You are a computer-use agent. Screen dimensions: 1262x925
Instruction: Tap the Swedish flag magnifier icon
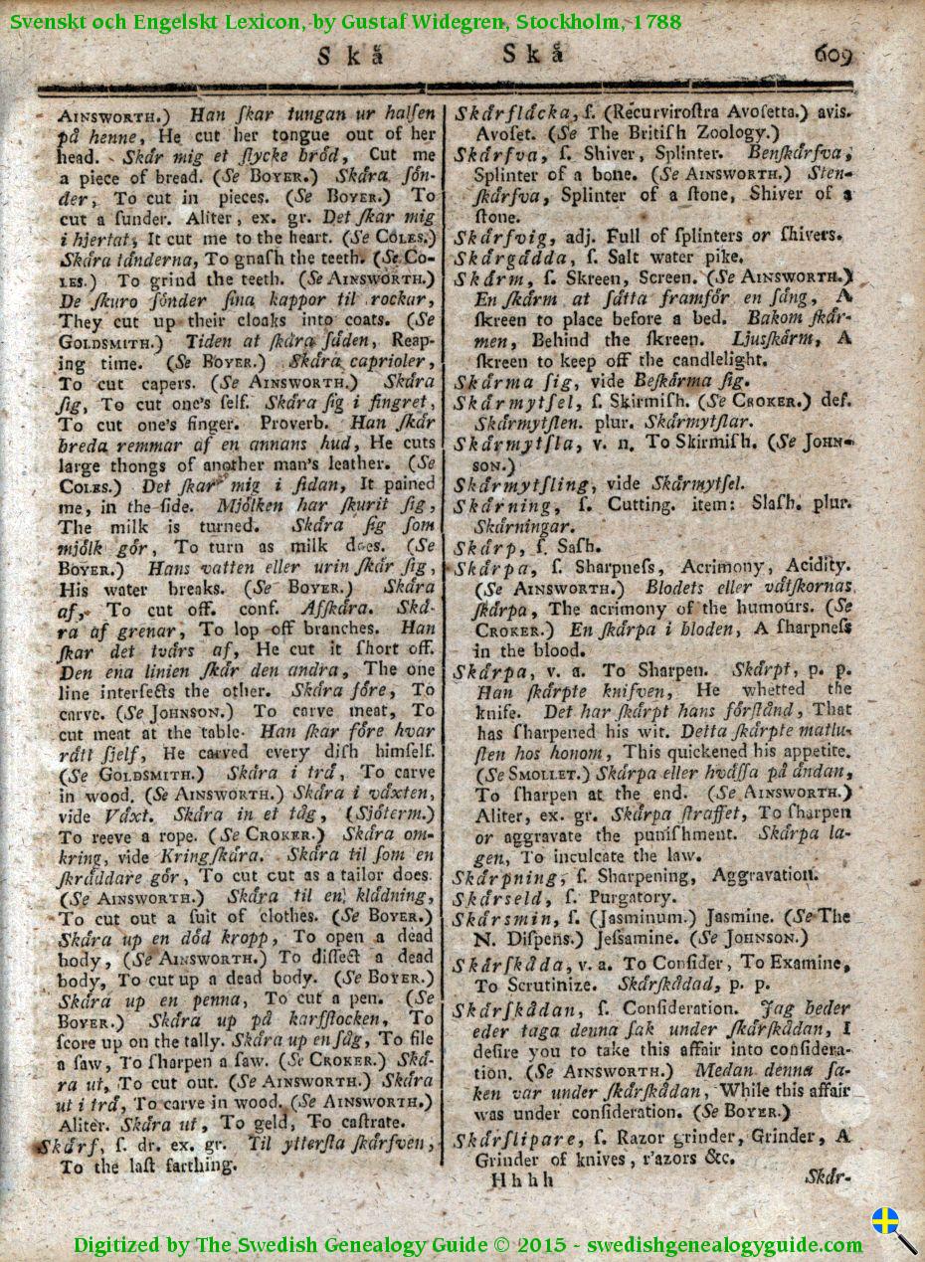(x=893, y=1229)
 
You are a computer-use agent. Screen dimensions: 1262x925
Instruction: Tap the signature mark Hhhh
(x=521, y=1180)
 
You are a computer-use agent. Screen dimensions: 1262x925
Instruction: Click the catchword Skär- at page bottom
(x=828, y=1177)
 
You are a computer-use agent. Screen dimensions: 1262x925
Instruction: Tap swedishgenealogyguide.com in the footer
(x=724, y=1245)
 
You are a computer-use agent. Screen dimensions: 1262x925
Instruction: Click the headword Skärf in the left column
(x=67, y=1146)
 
